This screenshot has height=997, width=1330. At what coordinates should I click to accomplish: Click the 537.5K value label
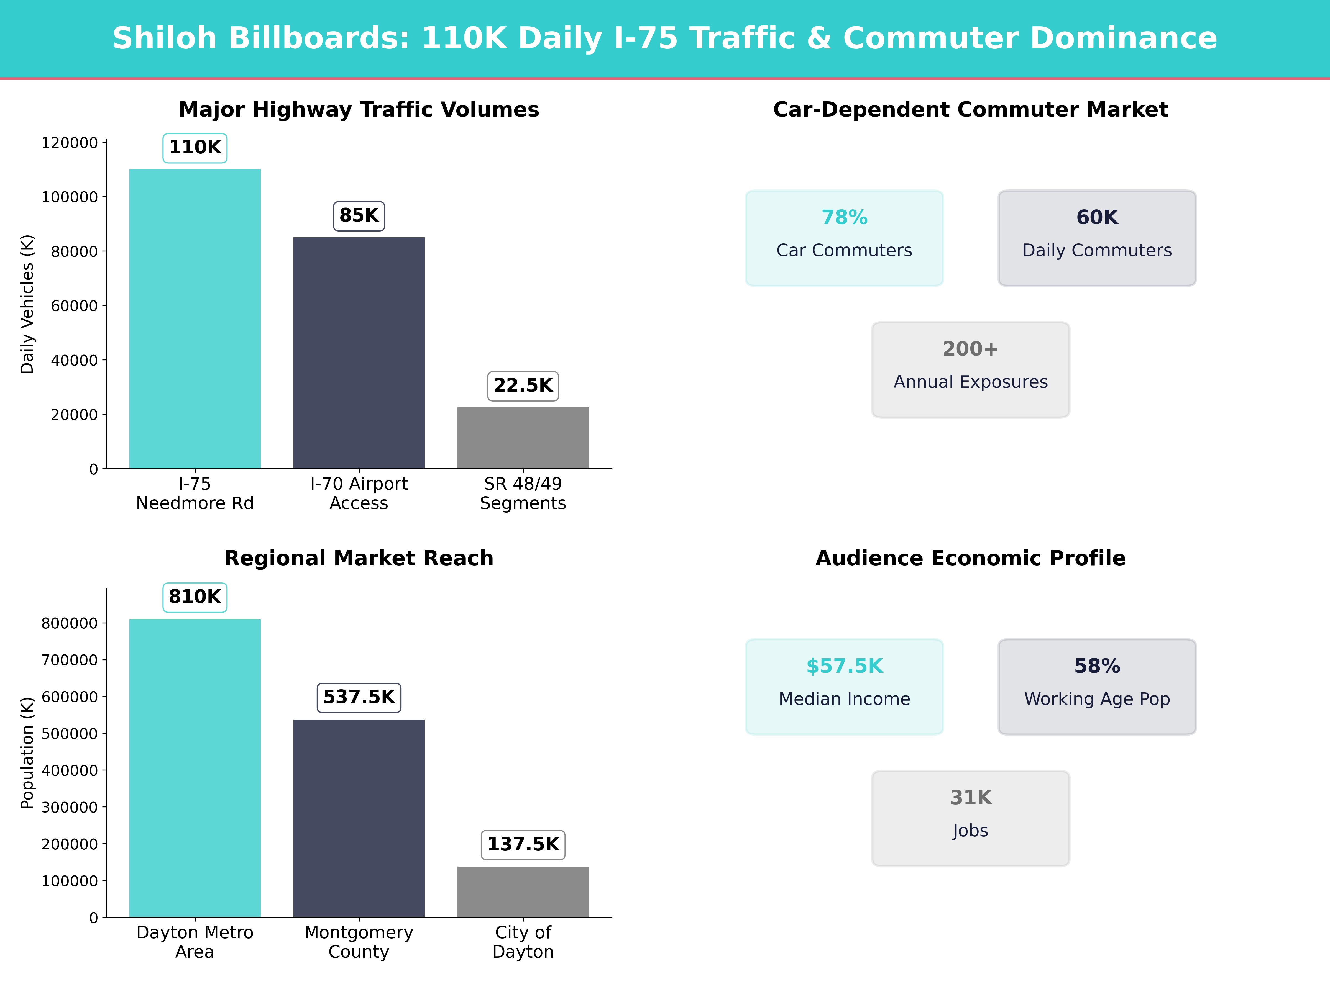tap(359, 697)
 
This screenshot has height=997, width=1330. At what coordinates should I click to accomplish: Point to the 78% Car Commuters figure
tap(844, 218)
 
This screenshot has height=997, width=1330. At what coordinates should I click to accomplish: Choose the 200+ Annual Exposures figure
tap(970, 349)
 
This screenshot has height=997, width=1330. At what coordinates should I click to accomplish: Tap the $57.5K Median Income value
tap(844, 667)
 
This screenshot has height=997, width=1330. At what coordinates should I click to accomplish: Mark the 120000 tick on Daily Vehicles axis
tap(69, 143)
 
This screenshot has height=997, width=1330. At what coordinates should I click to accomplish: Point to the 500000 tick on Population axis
tap(69, 734)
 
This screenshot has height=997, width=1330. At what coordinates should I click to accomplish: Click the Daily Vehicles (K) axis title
tap(27, 304)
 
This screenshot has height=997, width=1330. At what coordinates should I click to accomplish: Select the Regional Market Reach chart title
tap(359, 558)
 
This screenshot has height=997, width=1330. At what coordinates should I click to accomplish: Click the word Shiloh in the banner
tap(164, 38)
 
